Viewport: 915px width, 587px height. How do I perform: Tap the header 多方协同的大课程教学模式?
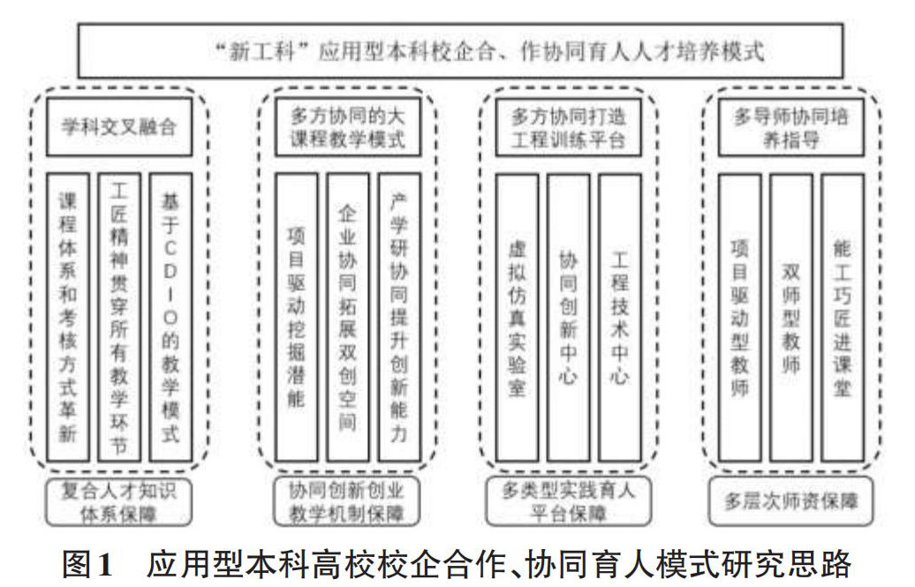pos(347,129)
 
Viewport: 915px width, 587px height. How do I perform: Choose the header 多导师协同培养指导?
pos(790,129)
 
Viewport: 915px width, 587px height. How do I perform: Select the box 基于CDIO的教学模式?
pos(170,314)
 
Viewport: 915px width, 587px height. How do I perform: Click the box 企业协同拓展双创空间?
pos(347,314)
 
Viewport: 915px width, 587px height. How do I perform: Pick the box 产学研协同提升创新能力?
pos(398,314)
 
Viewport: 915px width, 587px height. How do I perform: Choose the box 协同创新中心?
pos(568,316)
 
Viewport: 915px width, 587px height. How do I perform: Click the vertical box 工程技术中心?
pos(619,316)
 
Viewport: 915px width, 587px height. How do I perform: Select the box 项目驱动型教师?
pos(740,316)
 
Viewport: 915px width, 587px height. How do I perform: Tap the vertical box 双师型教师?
pos(790,316)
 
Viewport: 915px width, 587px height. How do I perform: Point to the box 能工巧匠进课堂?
pos(842,316)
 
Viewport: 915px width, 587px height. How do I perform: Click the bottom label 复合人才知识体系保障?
pos(119,501)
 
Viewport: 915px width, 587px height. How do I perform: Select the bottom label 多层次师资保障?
pos(790,501)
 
